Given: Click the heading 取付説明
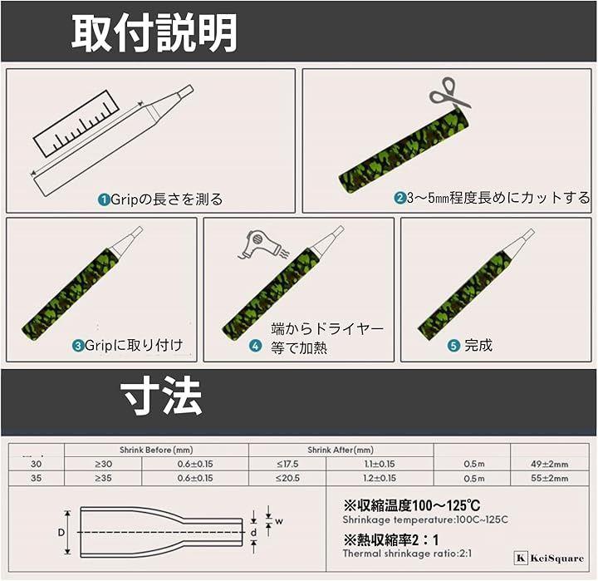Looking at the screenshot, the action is tap(154, 32).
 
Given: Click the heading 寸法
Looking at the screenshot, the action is tap(161, 397).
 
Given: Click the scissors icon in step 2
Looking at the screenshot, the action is tap(449, 93).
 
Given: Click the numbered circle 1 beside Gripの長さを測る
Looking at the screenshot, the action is tap(104, 199).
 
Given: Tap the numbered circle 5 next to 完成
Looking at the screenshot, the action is tap(453, 346).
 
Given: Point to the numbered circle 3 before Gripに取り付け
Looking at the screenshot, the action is tap(78, 346).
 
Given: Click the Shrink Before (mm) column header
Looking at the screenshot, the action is tap(156, 450).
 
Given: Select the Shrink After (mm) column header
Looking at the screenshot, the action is tap(341, 450).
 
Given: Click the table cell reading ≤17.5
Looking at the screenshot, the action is tap(287, 464).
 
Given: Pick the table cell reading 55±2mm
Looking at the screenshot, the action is tap(550, 478).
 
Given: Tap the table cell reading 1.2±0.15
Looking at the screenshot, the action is tap(380, 478).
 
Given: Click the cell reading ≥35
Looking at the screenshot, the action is tap(103, 478).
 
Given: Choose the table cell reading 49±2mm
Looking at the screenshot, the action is tap(550, 464).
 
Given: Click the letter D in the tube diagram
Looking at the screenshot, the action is tap(61, 532).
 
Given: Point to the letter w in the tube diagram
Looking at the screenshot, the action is tap(279, 521).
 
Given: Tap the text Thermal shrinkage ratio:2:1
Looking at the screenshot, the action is tap(407, 553).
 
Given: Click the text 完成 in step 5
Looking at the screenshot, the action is tap(478, 346).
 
